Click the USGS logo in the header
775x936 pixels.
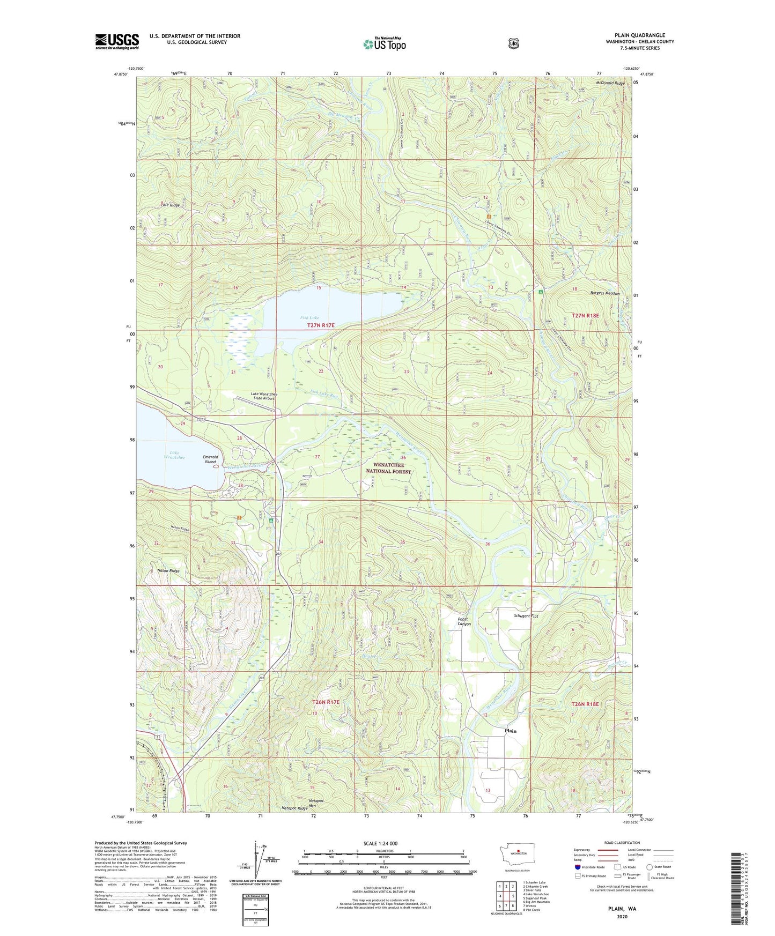(117, 41)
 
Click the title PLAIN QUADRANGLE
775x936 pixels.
(639, 35)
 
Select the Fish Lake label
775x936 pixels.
(309, 318)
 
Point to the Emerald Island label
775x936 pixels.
(210, 459)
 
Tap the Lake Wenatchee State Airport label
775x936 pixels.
(263, 396)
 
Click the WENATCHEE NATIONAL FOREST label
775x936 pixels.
(389, 468)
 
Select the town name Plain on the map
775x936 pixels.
(510, 731)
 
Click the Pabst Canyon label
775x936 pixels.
(464, 621)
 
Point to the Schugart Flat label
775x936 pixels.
(526, 616)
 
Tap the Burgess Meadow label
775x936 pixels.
(605, 293)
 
